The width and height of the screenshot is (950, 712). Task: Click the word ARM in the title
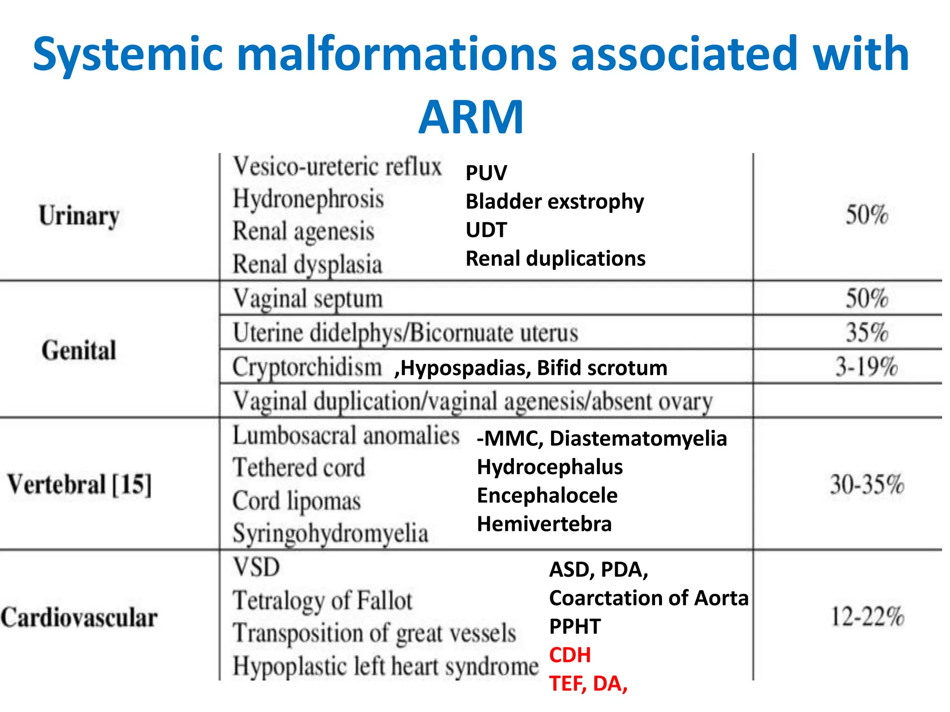click(471, 117)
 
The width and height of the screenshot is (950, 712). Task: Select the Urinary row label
click(79, 216)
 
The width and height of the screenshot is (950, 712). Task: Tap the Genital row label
click(79, 350)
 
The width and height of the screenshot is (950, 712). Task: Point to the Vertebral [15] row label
click(79, 484)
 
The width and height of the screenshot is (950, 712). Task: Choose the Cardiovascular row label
click(79, 617)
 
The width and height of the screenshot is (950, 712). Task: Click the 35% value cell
click(867, 332)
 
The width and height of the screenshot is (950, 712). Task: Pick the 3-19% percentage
click(867, 367)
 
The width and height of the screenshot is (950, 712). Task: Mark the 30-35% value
click(867, 484)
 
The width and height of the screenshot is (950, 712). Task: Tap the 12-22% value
click(867, 617)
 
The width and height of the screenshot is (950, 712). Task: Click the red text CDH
click(570, 655)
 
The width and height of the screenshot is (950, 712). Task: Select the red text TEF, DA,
click(588, 684)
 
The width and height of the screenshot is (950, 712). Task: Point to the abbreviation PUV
click(486, 173)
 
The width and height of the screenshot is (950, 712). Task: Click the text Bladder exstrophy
click(555, 202)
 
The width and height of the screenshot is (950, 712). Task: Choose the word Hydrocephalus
click(550, 467)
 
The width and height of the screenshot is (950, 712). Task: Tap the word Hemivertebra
click(544, 524)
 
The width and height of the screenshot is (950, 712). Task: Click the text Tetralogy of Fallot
click(322, 600)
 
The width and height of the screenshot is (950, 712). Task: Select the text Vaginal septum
click(308, 299)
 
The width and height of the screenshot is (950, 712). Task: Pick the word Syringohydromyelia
click(330, 533)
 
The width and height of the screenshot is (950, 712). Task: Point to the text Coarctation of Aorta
click(648, 598)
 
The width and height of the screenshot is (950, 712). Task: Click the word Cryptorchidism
click(307, 367)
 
